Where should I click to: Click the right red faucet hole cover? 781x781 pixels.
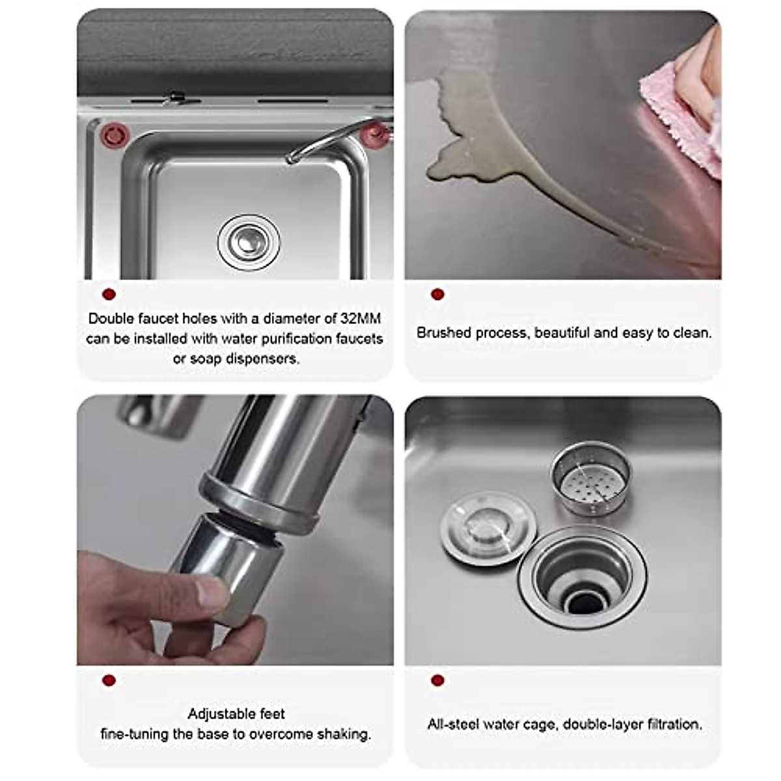374,135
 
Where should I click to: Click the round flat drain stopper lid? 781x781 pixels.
488,527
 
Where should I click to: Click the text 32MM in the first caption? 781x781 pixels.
361,318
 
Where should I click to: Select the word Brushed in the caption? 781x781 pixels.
444,333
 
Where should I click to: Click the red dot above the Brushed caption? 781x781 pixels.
437,294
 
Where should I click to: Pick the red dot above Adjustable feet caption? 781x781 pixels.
109,680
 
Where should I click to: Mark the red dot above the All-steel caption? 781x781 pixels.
437,680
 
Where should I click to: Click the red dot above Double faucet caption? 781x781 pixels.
109,294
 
